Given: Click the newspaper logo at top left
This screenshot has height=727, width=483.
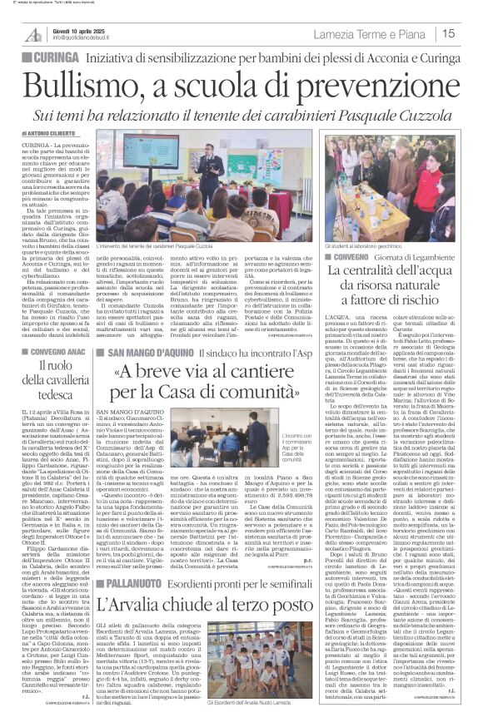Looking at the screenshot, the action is coord(34,34).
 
